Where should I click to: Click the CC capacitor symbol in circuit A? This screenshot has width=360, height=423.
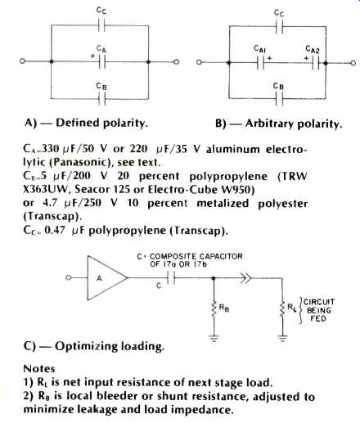[x=101, y=26]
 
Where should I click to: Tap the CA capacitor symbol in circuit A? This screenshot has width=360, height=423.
[x=101, y=62]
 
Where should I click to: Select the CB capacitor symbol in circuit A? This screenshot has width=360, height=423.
[x=101, y=99]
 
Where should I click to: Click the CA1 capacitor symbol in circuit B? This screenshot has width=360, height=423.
[x=261, y=63]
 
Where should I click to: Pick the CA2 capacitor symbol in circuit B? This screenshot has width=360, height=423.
[x=316, y=63]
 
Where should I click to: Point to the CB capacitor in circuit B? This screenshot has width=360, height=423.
[x=279, y=99]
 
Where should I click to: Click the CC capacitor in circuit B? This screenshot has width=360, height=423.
[x=279, y=27]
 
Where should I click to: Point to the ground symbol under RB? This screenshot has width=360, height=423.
[x=214, y=339]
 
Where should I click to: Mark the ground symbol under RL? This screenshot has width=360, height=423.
[x=282, y=339]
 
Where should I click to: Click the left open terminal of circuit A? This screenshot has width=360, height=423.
[x=22, y=61]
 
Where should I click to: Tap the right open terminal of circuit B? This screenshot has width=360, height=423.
[x=353, y=63]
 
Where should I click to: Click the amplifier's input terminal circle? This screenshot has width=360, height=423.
[x=69, y=277]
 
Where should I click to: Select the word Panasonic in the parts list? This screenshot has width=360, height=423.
[x=80, y=163]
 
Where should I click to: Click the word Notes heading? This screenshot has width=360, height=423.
[x=39, y=369]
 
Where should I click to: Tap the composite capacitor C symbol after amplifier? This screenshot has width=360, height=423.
[x=171, y=278]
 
